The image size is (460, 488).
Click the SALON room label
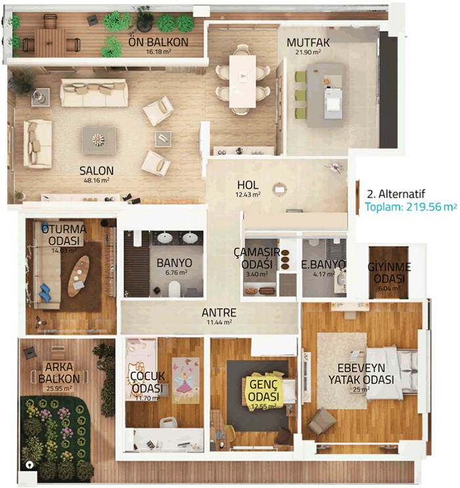pyautogui.click(x=97, y=171)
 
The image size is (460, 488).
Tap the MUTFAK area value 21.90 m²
pyautogui.click(x=308, y=52)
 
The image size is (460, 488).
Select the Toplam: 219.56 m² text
pyautogui.click(x=411, y=207)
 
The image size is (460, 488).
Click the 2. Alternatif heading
pyautogui.click(x=396, y=194)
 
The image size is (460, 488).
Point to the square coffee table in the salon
pyautogui.click(x=99, y=140)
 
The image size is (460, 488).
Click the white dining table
pyautogui.click(x=242, y=81)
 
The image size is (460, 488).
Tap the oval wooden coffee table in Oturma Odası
pyautogui.click(x=78, y=276)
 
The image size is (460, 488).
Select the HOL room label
pyautogui.click(x=248, y=185)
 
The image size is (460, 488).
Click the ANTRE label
pyautogui.click(x=219, y=313)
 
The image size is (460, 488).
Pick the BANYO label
pyautogui.click(x=174, y=263)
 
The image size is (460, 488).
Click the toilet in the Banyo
pyautogui.click(x=174, y=288)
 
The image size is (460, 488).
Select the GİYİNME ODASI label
pyautogui.click(x=389, y=273)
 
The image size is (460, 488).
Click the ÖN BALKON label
pyautogui.click(x=158, y=42)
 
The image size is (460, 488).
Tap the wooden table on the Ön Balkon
pyautogui.click(x=50, y=43)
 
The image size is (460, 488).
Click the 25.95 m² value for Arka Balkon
pyautogui.click(x=59, y=388)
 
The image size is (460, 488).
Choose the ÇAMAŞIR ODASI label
pyautogui.click(x=257, y=258)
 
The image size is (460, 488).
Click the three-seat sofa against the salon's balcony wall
pyautogui.click(x=94, y=93)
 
